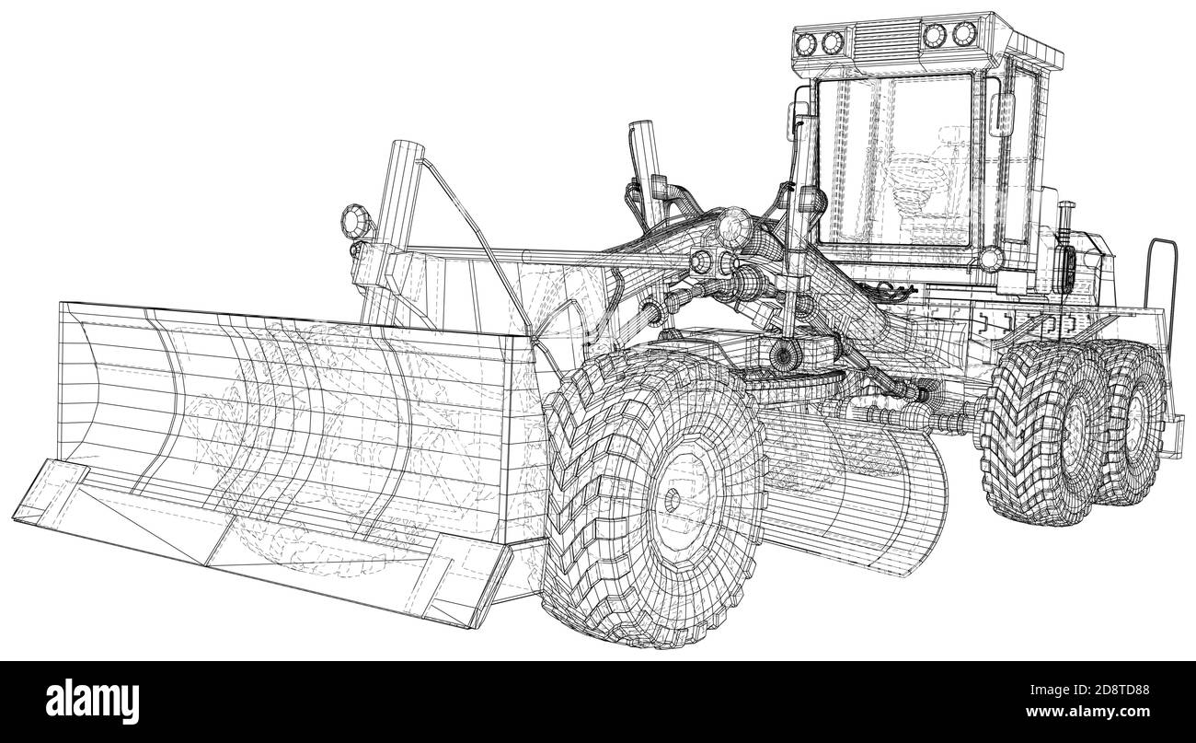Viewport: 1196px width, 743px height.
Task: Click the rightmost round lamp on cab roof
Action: click(962, 34)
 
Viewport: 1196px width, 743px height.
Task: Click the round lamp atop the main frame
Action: click(732, 224)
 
